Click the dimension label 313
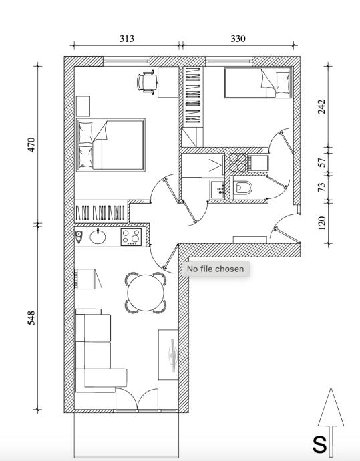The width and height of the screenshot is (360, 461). pos(127,39)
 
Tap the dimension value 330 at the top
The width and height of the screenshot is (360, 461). pos(238,39)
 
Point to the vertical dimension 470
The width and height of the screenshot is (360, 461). pos(31,144)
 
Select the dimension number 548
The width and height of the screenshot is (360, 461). pos(31,318)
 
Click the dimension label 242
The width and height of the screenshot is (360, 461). pos(322,106)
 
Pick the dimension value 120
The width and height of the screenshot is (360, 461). pos(322,223)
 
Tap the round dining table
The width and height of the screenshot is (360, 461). pos(146,293)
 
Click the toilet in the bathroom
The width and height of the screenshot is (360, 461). pos(242,188)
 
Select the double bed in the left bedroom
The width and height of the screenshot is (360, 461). pos(111,145)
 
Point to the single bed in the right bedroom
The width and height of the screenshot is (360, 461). pos(258,83)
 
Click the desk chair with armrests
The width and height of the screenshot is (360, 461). pos(147,82)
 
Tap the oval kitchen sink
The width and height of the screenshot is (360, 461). pos(98,237)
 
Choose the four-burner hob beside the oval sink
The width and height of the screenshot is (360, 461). pos(131,237)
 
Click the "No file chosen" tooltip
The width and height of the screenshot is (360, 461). pos(216,269)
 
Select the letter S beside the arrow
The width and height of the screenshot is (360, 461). pos(319,444)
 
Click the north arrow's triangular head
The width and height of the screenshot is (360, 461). pos(331,407)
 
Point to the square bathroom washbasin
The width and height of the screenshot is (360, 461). pos(218,190)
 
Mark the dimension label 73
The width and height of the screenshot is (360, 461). pos(322,187)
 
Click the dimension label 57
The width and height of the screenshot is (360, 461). pos(322,162)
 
